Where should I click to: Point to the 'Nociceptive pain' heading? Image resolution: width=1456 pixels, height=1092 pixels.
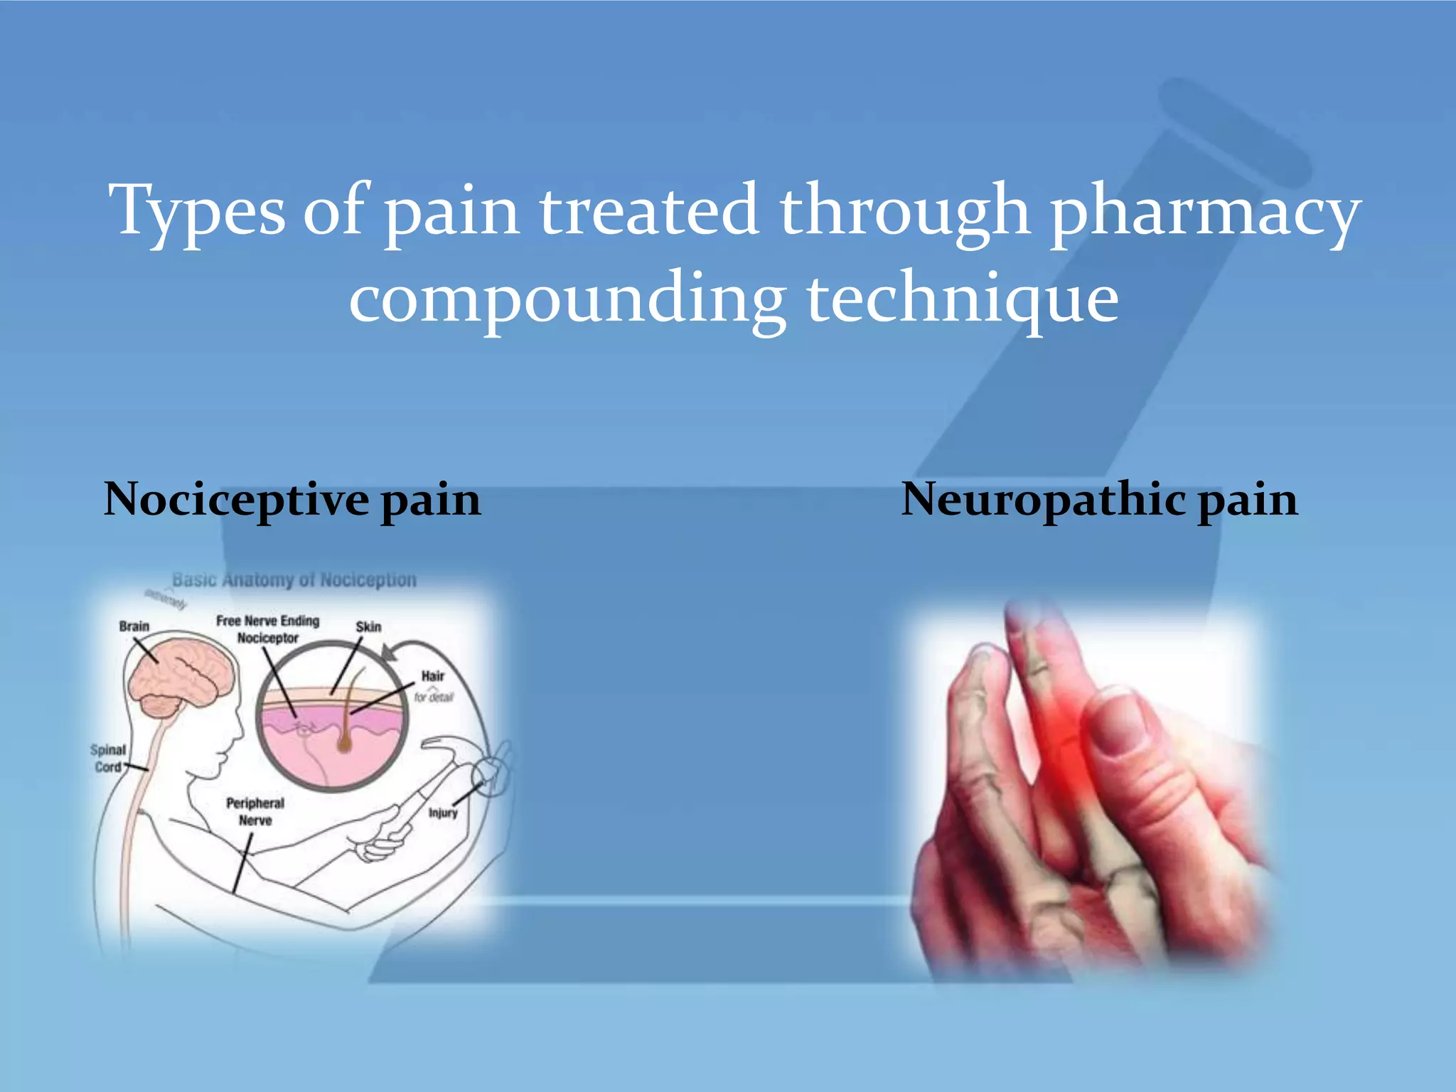292,500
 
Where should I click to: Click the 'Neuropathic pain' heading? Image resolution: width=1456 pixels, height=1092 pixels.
1099,500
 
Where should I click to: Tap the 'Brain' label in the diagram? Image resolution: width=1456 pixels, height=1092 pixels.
134,626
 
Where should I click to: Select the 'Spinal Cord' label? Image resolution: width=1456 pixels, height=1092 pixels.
108,759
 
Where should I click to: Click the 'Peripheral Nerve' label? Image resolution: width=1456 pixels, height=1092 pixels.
255,811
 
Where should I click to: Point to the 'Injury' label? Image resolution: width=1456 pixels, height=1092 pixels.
443,813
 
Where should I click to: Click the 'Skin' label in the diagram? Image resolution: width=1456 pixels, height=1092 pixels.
368,627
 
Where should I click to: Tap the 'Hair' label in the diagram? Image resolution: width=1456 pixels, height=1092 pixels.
432,676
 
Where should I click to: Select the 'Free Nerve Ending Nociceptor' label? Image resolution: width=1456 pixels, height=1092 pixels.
268,629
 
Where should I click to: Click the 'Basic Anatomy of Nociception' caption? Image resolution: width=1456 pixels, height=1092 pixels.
294,580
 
